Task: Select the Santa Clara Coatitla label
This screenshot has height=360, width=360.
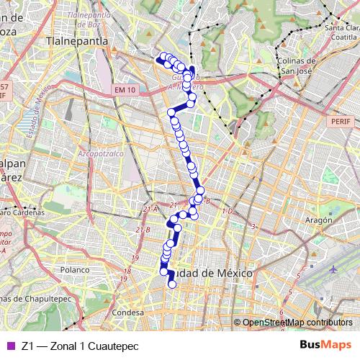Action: [341, 32]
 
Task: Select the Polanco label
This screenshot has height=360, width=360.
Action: [73, 269]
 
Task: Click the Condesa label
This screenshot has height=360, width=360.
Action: [129, 313]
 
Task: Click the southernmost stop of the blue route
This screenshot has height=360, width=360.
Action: [172, 285]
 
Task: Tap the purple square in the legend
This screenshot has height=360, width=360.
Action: [9, 346]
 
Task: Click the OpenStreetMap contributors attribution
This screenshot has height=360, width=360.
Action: [297, 323]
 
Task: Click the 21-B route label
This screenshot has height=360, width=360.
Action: [143, 230]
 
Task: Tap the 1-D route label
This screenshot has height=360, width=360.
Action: [228, 211]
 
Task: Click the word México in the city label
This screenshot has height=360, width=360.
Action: [231, 274]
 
